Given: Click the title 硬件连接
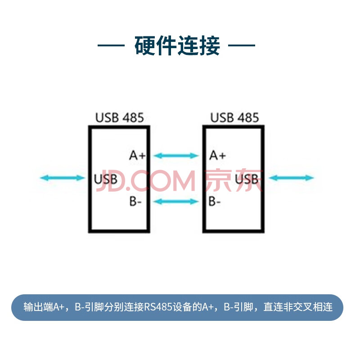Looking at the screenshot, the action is [x=177, y=45].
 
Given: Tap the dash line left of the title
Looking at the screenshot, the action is [x=111, y=45].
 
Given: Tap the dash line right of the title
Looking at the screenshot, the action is [x=242, y=45].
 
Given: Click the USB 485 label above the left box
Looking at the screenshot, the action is [x=119, y=117].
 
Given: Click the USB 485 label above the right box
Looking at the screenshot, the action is [x=234, y=117].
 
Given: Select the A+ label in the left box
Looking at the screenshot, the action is [x=137, y=155].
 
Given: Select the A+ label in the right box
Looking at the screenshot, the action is [x=217, y=155].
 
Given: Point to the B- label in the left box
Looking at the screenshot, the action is [x=135, y=201].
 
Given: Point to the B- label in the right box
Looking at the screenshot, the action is [x=215, y=201].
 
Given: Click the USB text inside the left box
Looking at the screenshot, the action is [x=106, y=179].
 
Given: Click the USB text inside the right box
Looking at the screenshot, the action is [x=247, y=179].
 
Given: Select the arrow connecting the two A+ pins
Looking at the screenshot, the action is [x=176, y=156].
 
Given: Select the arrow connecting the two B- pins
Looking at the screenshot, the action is [x=176, y=202].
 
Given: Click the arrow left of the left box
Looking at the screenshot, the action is [x=63, y=178].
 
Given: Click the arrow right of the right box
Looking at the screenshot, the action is [x=291, y=178].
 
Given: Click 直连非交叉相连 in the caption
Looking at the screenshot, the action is [x=298, y=307].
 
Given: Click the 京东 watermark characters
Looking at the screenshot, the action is [x=234, y=180].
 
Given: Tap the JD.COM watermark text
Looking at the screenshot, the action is [x=146, y=180].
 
